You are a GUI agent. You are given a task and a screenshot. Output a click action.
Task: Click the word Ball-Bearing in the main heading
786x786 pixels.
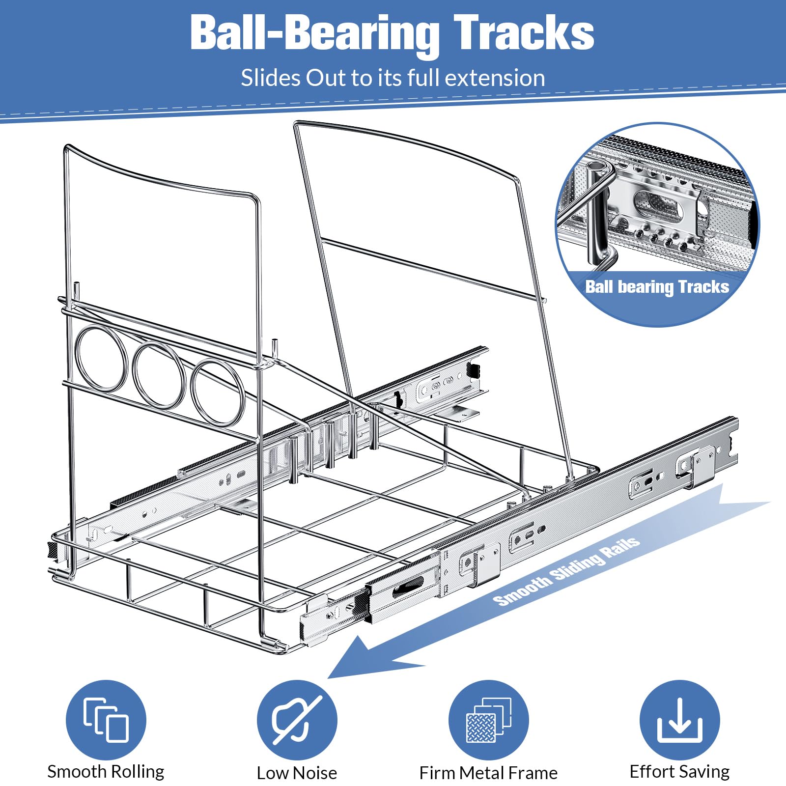pyautogui.click(x=314, y=33)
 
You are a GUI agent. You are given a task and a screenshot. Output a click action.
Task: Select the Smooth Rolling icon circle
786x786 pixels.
pyautogui.click(x=106, y=720)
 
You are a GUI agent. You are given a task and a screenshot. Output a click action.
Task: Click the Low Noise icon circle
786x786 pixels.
pyautogui.click(x=297, y=720)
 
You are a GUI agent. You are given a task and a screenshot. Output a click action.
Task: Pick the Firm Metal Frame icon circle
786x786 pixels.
pyautogui.click(x=488, y=720)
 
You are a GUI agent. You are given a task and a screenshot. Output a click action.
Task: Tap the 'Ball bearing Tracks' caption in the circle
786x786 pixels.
pyautogui.click(x=657, y=287)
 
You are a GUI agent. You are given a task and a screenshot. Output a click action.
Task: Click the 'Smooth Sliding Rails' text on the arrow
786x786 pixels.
pyautogui.click(x=566, y=571)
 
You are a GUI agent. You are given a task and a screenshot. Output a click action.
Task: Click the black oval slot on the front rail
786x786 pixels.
pyautogui.click(x=407, y=586)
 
